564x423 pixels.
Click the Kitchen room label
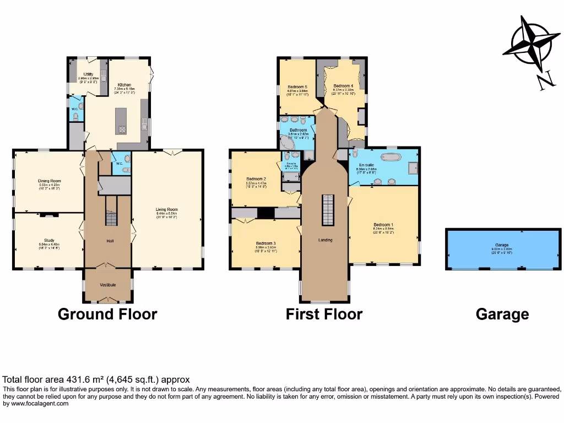click(x=123, y=85)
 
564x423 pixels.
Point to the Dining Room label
click(x=49, y=181)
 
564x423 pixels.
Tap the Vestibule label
click(x=107, y=285)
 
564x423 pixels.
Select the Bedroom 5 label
click(x=297, y=86)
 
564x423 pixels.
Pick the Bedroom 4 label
click(x=344, y=86)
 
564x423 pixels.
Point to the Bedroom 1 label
click(x=383, y=225)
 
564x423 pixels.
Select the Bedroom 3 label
click(x=265, y=243)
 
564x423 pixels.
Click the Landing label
click(x=326, y=240)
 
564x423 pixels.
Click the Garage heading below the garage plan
click(x=502, y=314)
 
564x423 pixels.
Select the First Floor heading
click(x=324, y=314)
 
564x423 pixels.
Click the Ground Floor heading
click(x=107, y=314)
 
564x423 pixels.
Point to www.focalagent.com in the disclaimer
click(x=36, y=404)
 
